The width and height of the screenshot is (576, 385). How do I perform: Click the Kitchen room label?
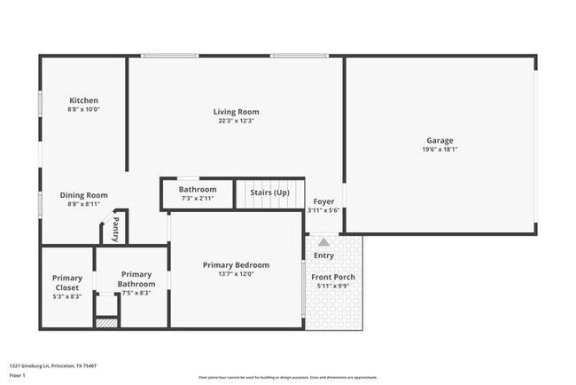[83, 100]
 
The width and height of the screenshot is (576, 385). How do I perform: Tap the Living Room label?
[236, 112]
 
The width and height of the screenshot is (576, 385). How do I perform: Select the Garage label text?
[440, 140]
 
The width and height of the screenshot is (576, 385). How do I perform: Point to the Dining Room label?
[83, 195]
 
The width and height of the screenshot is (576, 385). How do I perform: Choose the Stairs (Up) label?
[269, 192]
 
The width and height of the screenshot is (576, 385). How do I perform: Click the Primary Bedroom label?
[236, 265]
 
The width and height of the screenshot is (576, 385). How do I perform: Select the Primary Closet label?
[66, 283]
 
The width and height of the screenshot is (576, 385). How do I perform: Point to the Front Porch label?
[333, 277]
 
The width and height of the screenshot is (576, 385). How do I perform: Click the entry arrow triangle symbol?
[323, 242]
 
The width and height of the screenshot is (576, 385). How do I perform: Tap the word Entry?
[323, 255]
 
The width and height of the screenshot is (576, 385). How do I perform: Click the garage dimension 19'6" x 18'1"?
[440, 150]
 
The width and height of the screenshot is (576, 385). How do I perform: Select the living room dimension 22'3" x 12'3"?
[236, 122]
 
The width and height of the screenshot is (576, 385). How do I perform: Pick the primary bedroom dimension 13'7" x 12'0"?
[236, 274]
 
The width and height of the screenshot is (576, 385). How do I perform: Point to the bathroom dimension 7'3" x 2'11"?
[198, 199]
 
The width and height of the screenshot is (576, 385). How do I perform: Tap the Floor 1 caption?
[19, 376]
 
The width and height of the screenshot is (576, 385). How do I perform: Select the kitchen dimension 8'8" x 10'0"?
[83, 109]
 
